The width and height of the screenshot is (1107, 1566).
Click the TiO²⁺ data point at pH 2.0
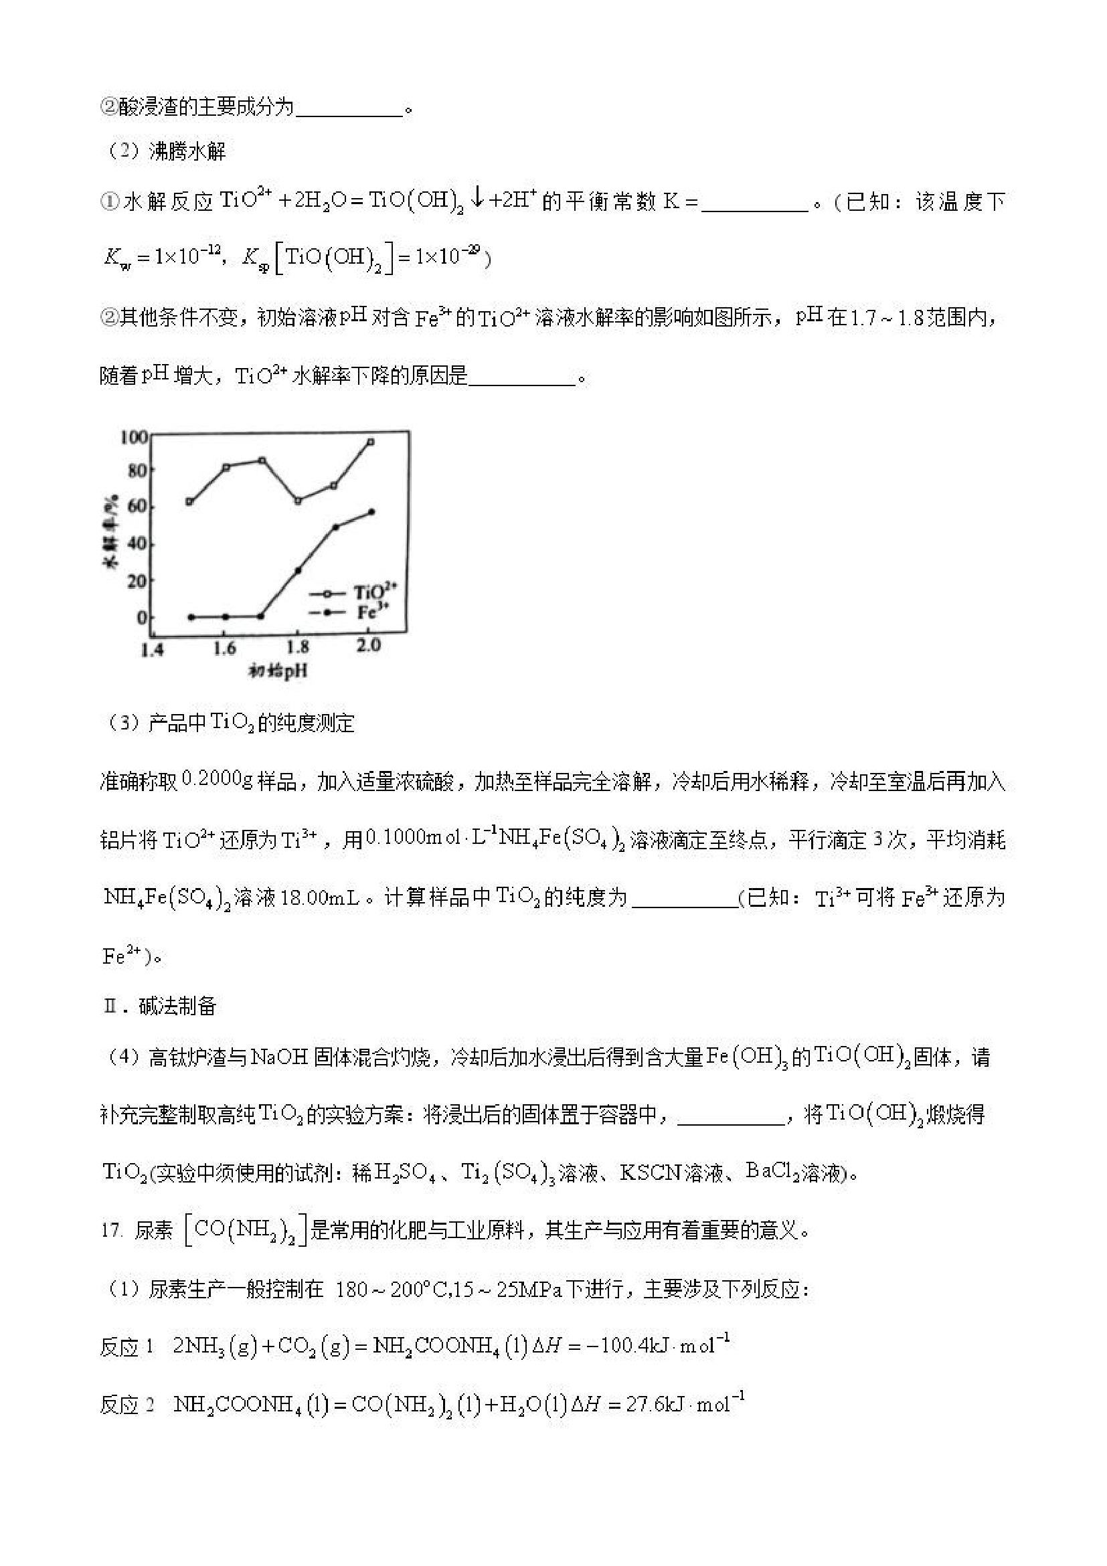370,442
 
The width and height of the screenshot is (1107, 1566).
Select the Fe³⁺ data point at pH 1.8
298,570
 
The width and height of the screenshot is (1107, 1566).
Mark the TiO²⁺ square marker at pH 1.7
262,460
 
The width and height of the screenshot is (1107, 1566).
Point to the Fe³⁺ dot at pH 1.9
335,527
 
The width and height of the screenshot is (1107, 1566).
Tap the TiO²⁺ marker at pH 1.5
189,502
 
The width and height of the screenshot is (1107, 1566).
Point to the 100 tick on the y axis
134,436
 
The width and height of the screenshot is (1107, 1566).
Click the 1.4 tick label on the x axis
152,649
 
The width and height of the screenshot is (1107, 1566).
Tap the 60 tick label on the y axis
137,506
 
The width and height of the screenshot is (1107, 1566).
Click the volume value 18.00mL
319,897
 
